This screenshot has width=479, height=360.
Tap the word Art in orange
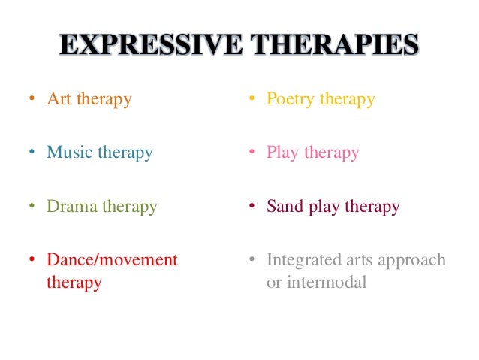pos(58,99)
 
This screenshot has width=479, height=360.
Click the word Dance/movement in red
pos(112,260)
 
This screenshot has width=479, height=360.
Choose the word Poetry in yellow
pos(290,99)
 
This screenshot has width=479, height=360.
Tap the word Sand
pos(283,207)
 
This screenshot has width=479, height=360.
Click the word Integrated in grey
pos(303,260)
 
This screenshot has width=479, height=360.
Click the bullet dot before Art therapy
pos(32,100)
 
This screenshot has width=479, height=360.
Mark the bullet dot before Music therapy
pos(32,153)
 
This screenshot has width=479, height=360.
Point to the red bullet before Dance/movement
pos(32,261)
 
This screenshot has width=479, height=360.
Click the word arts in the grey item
pos(360,261)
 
